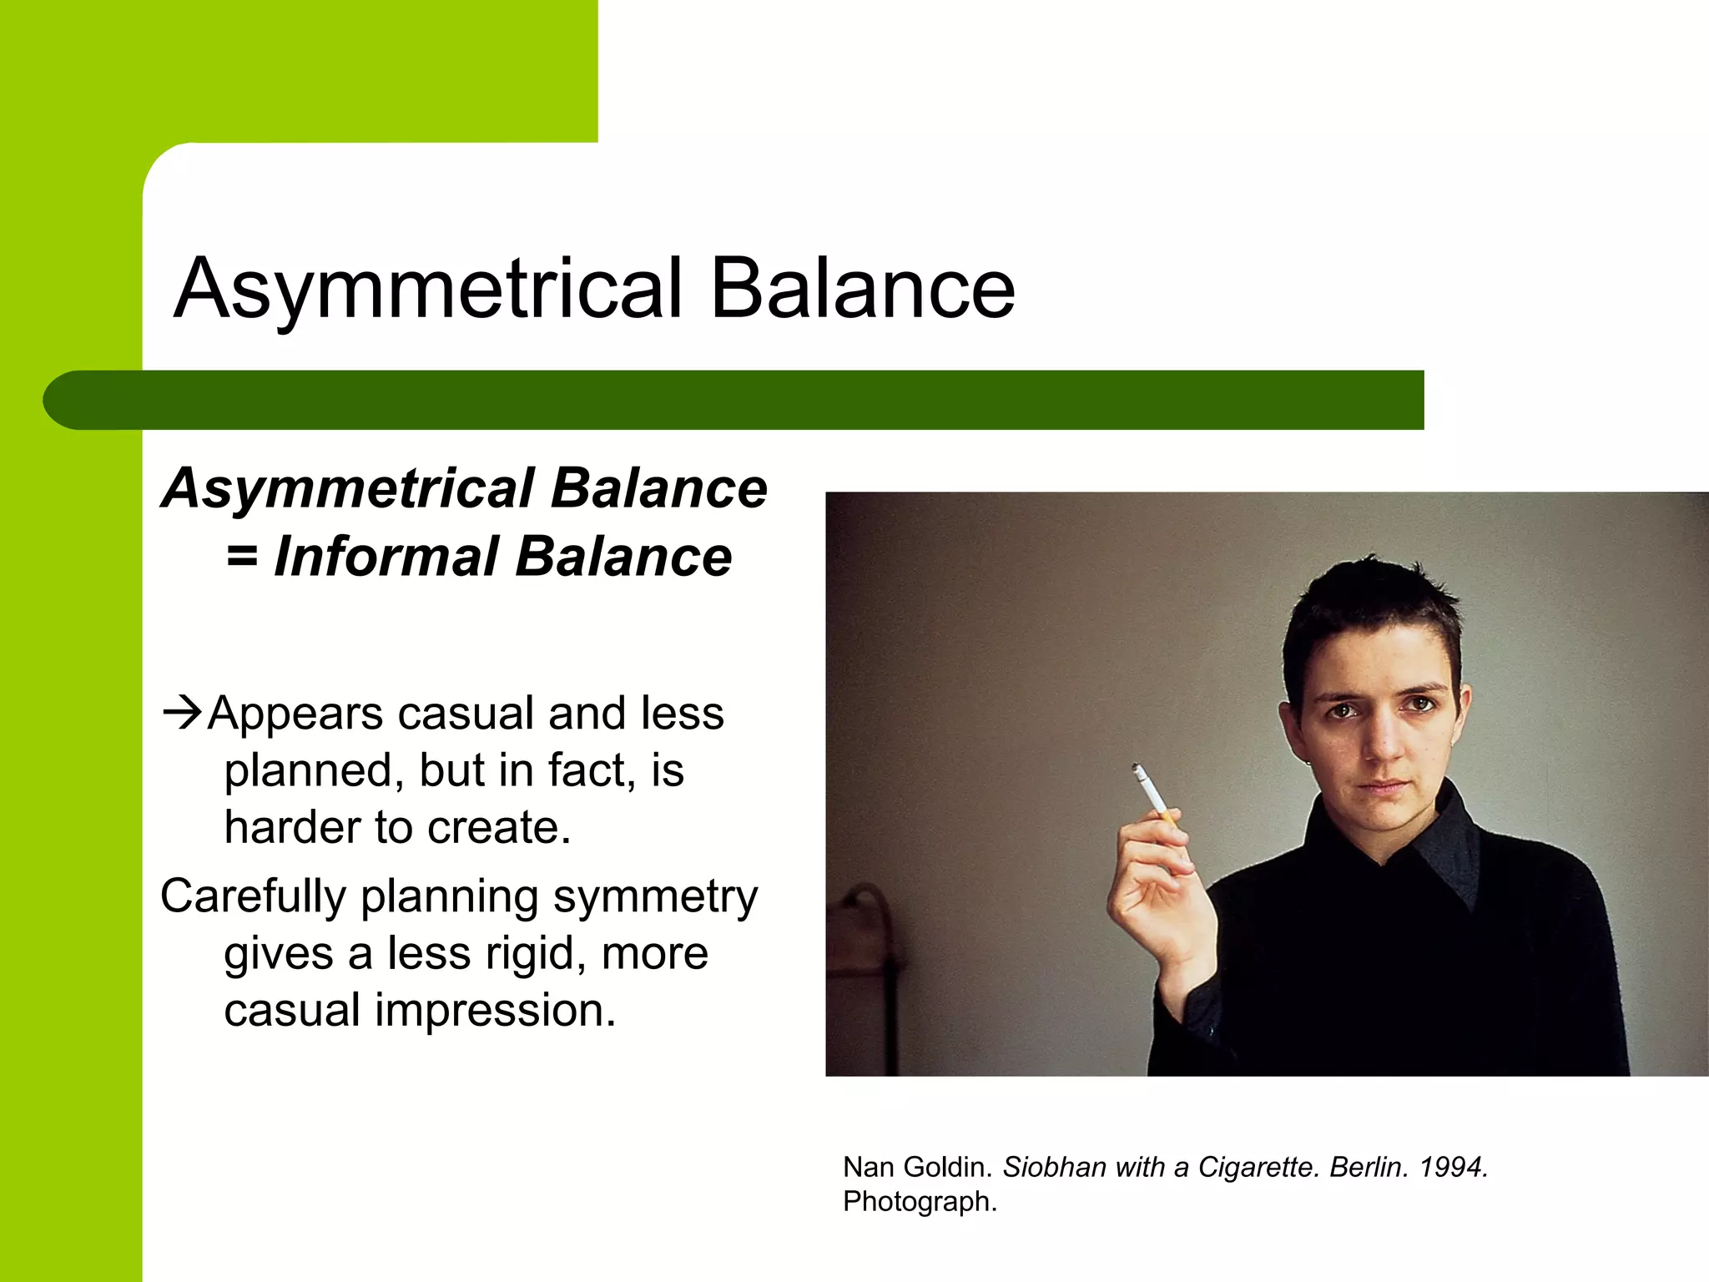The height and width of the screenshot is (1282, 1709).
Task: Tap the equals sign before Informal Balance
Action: [x=242, y=556]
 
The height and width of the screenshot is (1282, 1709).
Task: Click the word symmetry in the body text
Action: [x=655, y=897]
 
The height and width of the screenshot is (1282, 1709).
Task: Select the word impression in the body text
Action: [x=495, y=1010]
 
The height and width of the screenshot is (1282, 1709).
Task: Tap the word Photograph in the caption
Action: [x=920, y=1202]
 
